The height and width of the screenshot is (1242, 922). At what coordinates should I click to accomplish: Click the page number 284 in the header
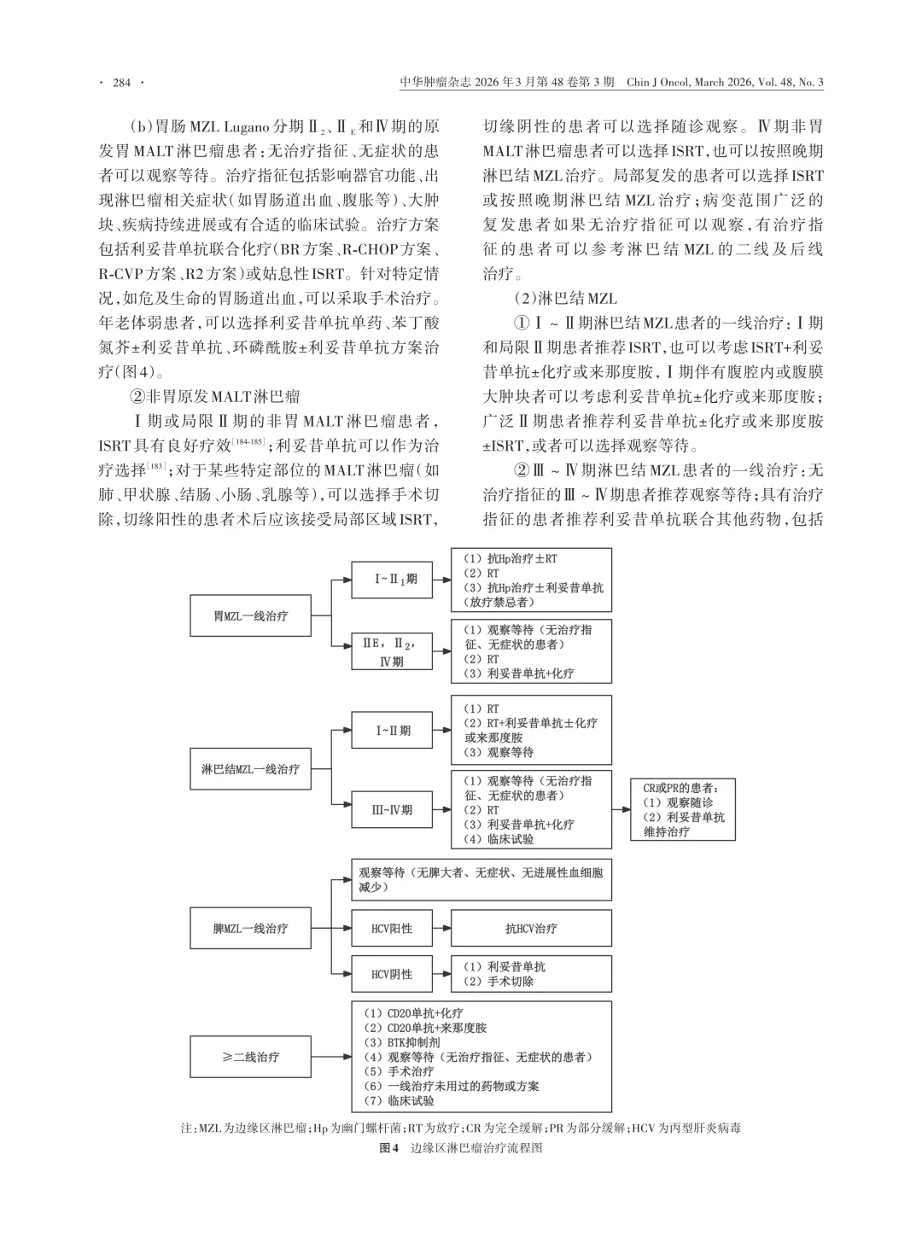tap(122, 83)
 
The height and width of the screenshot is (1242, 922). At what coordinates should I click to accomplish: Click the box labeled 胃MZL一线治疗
tap(250, 615)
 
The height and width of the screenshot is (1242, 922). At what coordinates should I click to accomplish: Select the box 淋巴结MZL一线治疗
tap(250, 769)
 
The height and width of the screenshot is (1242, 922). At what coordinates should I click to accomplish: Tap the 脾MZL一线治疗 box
tap(250, 928)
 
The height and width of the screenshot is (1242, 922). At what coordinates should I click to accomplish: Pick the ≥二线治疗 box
tap(250, 1057)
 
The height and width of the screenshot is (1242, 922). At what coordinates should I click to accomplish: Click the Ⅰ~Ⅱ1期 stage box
tap(393, 580)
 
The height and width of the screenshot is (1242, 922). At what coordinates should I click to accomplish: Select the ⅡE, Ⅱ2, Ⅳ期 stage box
tap(393, 651)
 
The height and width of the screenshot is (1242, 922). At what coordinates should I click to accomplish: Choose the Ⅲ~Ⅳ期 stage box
tap(393, 809)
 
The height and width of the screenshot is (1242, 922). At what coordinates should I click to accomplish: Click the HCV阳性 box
tap(393, 928)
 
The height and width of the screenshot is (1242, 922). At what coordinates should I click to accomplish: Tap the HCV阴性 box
tap(393, 974)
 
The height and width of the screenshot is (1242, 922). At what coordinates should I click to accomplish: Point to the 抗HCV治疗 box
tap(531, 928)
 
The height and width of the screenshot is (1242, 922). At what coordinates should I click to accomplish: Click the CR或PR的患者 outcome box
tap(685, 809)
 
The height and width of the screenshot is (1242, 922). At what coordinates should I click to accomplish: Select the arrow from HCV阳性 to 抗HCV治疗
tap(441, 928)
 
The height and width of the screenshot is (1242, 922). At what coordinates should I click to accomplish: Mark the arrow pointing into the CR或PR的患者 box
tap(621, 809)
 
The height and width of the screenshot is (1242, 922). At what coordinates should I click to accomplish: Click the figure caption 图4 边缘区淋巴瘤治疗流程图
tap(461, 1148)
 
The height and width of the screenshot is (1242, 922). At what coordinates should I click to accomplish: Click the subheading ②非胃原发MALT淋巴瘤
tap(214, 396)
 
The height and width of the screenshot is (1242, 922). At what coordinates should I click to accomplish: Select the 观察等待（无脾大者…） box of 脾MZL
tap(481, 880)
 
